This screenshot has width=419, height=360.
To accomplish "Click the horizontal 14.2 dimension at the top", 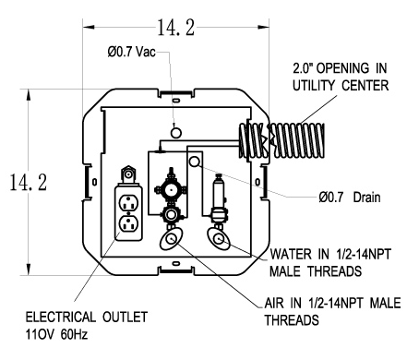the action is click(x=176, y=28).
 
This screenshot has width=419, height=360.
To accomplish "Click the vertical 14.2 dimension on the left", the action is click(x=29, y=183).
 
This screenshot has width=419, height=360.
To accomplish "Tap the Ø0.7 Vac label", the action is click(x=131, y=52).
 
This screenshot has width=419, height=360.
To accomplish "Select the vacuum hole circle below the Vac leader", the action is click(x=175, y=133).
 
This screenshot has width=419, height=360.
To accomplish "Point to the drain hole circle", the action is click(x=195, y=162).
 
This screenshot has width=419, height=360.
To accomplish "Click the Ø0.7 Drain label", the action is click(x=350, y=197).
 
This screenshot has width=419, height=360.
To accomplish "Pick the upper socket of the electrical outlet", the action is click(x=128, y=203).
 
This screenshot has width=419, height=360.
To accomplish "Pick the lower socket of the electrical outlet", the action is click(x=128, y=223).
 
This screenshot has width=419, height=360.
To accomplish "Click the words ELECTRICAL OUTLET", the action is click(x=87, y=318).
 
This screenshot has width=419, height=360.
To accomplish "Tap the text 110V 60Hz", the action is click(x=56, y=334).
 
